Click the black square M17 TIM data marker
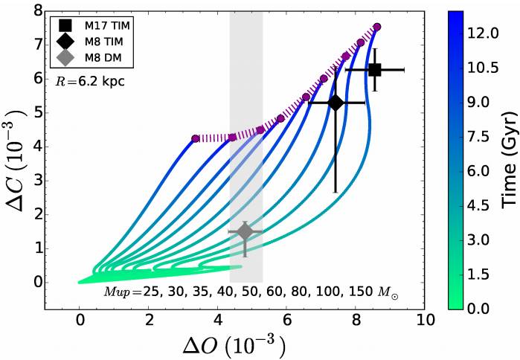pos(375,70)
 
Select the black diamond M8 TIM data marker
pos(336,103)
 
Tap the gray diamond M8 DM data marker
pos(245,232)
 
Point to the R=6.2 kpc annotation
pos(89,82)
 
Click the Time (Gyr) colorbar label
pos(508,159)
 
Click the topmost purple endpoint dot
pos(377,27)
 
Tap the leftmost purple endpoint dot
pos(195,138)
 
